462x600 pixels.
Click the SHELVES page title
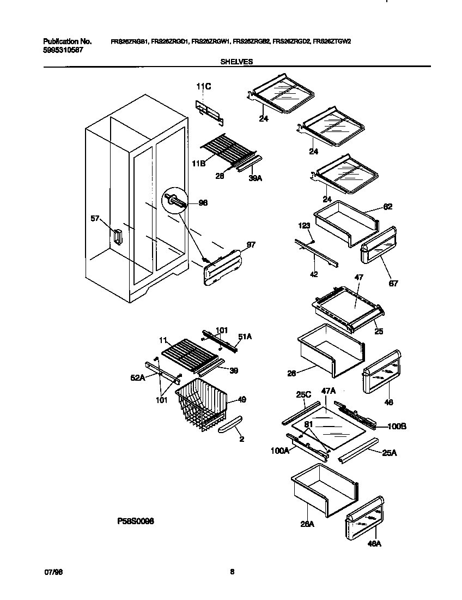click(x=236, y=62)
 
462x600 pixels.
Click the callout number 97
click(x=250, y=244)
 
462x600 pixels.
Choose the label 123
click(x=303, y=225)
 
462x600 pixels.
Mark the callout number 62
click(x=387, y=207)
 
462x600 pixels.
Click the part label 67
click(x=393, y=284)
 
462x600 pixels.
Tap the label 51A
click(x=246, y=337)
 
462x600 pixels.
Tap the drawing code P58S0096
click(x=136, y=521)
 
